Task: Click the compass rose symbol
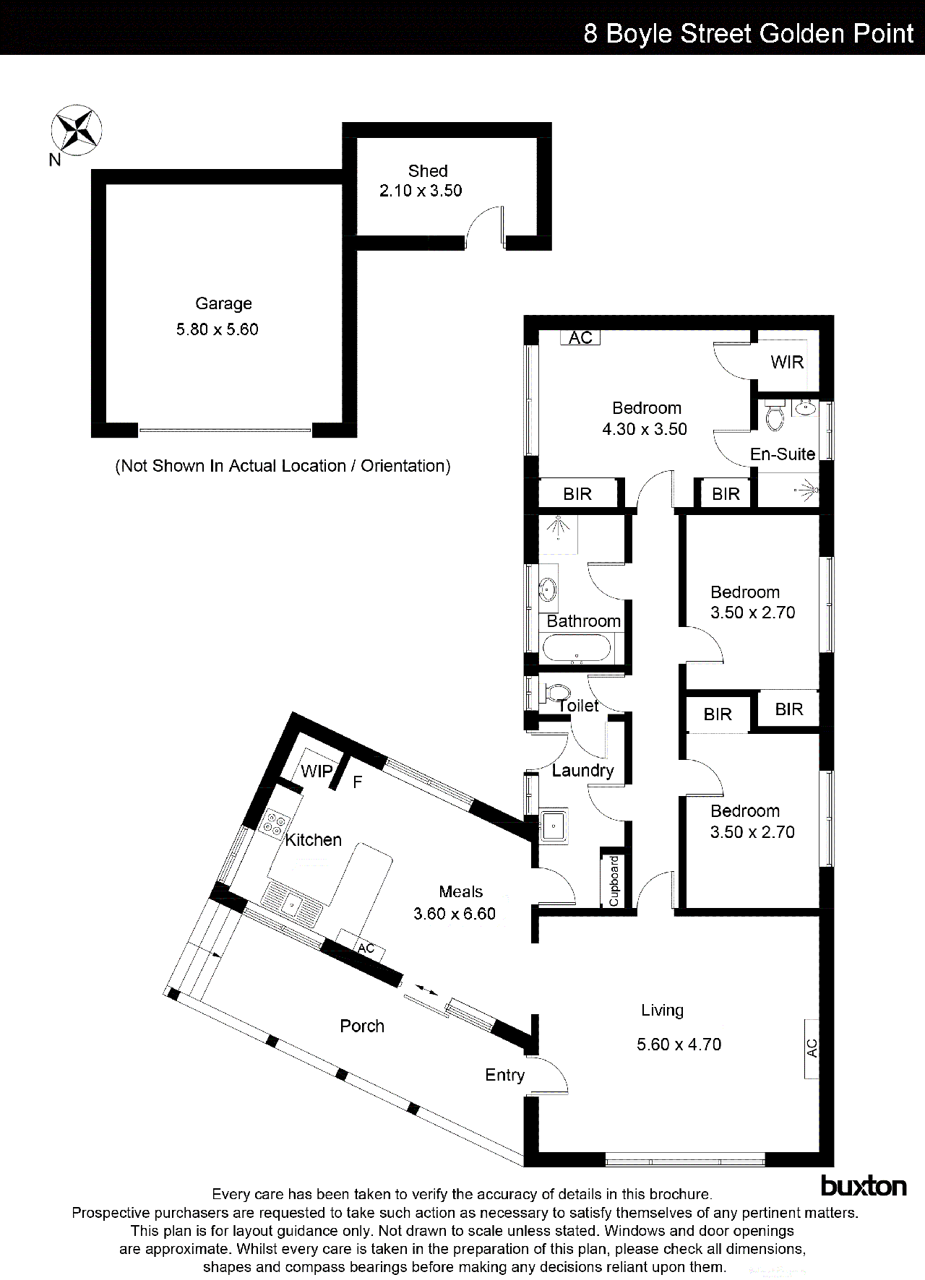[76, 129]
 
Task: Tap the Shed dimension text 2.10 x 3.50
[421, 191]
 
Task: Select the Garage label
[223, 304]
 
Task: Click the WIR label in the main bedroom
[787, 363]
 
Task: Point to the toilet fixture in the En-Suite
[774, 416]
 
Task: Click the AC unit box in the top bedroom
[580, 337]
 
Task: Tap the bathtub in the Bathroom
[577, 648]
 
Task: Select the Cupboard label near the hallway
[614, 881]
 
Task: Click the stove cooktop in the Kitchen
[275, 824]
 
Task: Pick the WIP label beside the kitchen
[317, 771]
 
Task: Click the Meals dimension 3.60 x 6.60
[455, 914]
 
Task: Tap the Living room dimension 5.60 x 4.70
[679, 1045]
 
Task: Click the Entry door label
[504, 1076]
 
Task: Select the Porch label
[362, 1026]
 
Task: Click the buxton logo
[864, 1185]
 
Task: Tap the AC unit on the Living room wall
[812, 1048]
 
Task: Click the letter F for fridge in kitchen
[357, 782]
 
